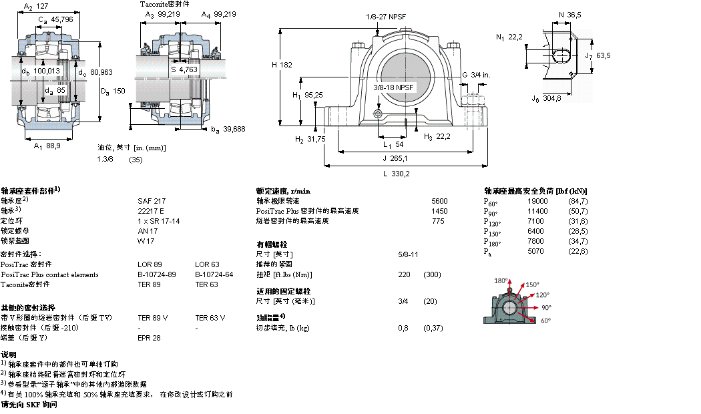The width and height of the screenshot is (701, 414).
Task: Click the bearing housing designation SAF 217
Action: coord(151,200)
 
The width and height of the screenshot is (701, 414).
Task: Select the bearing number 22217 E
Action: coord(150,210)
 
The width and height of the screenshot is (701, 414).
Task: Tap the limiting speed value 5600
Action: coord(439,200)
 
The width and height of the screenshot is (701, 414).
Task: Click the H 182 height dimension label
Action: coord(282,65)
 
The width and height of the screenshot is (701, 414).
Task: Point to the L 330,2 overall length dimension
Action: coord(397,174)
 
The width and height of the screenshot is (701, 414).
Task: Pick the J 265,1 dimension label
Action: coord(395,158)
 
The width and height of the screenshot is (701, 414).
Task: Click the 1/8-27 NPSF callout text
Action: coord(386,16)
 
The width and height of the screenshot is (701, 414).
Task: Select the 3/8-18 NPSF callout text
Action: coord(393,87)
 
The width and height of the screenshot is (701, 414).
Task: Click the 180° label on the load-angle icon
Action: coord(501,280)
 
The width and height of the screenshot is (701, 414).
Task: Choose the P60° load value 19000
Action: coord(537,201)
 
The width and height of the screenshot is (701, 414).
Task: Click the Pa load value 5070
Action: coord(536,251)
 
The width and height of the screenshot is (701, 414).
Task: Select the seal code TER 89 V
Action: coord(152,318)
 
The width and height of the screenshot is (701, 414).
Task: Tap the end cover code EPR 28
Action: coord(149,338)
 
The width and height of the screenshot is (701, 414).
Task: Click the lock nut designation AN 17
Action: coord(147,230)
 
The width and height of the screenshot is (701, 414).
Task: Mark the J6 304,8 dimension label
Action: coord(546,99)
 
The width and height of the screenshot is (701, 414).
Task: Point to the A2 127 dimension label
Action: coord(37,7)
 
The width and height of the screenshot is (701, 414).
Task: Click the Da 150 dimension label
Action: coord(113,91)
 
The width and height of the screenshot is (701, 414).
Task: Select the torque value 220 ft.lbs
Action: coord(403,274)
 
